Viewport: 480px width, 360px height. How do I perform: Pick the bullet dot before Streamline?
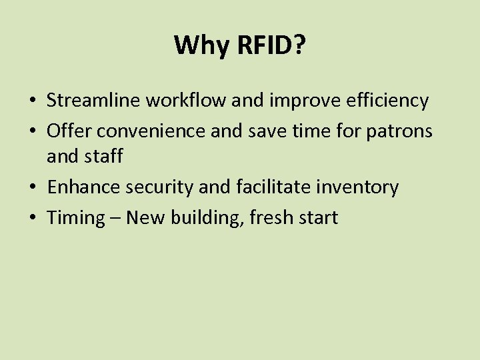click(x=32, y=101)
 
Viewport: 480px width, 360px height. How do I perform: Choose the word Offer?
click(x=66, y=131)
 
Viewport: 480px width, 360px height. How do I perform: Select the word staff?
click(x=104, y=156)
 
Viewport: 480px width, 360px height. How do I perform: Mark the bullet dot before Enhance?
click(x=32, y=188)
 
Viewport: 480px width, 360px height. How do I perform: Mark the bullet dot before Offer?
click(x=32, y=131)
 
